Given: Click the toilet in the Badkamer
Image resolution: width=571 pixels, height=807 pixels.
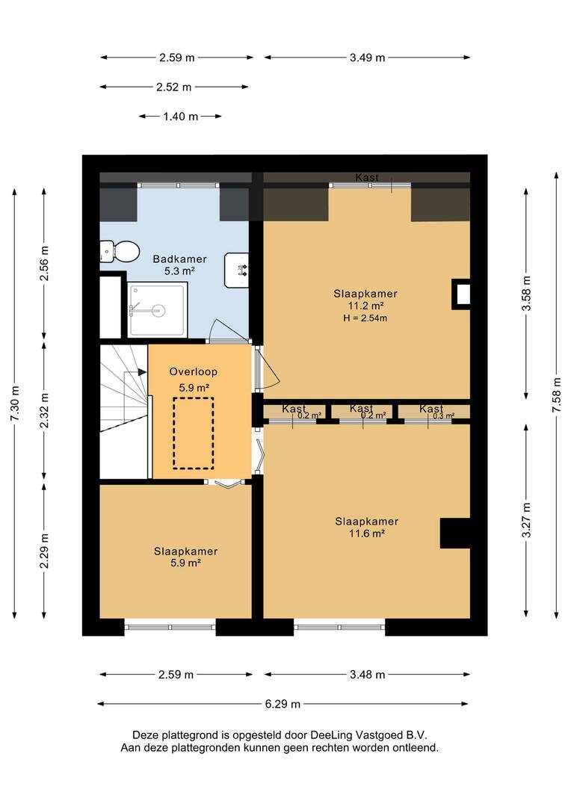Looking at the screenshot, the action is (x=121, y=251).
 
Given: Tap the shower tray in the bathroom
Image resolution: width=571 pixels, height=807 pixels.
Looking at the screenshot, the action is (x=156, y=310).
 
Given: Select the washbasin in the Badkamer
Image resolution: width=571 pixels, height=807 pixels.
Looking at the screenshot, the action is (x=237, y=270).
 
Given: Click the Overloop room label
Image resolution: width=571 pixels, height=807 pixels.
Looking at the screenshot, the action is (x=193, y=371).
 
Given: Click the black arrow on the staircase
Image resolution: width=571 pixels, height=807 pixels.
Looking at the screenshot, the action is (x=142, y=371).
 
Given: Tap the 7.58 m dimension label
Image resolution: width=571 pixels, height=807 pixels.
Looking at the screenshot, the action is (x=557, y=395).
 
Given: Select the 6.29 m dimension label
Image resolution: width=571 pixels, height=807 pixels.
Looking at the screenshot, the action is (x=283, y=704).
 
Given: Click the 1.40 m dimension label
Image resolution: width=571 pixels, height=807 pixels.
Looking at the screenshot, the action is (x=181, y=117).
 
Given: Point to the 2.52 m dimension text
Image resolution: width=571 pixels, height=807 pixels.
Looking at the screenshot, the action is (x=174, y=87).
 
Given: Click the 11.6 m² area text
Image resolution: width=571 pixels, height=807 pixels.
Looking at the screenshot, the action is (x=367, y=534).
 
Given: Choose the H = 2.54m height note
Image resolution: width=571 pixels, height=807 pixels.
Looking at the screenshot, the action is (x=365, y=318).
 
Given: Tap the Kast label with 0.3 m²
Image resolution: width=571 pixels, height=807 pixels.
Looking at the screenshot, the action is (x=431, y=409).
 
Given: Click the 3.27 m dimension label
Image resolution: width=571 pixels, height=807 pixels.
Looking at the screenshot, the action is (x=526, y=520).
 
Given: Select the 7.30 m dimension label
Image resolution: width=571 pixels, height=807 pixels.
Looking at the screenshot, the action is (x=14, y=403).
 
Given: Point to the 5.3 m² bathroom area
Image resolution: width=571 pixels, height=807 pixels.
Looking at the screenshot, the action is (x=179, y=271).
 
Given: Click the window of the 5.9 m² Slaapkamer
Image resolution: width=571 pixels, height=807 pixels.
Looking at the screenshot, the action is (x=170, y=627).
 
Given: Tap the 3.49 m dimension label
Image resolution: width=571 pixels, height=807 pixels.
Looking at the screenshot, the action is (x=368, y=58).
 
